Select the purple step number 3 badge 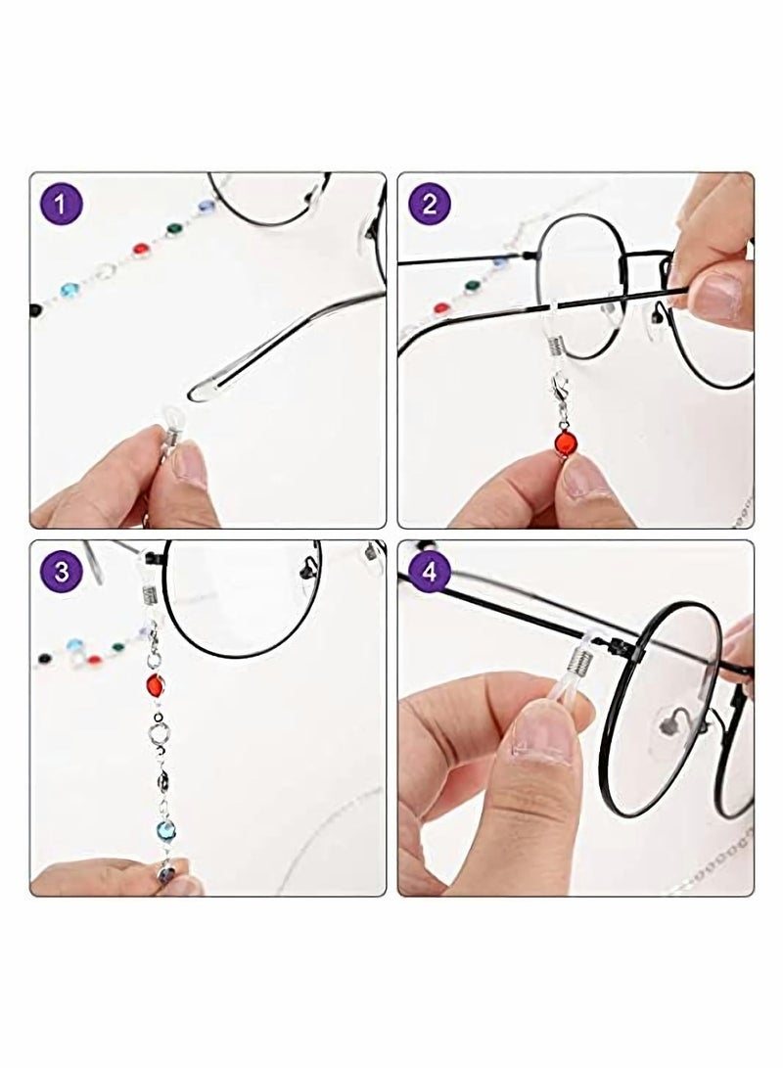(x=63, y=571)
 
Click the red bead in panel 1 (x=140, y=249)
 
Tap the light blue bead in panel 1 (x=69, y=291)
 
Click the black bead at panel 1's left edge (x=36, y=309)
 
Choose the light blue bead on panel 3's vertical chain (x=163, y=830)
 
